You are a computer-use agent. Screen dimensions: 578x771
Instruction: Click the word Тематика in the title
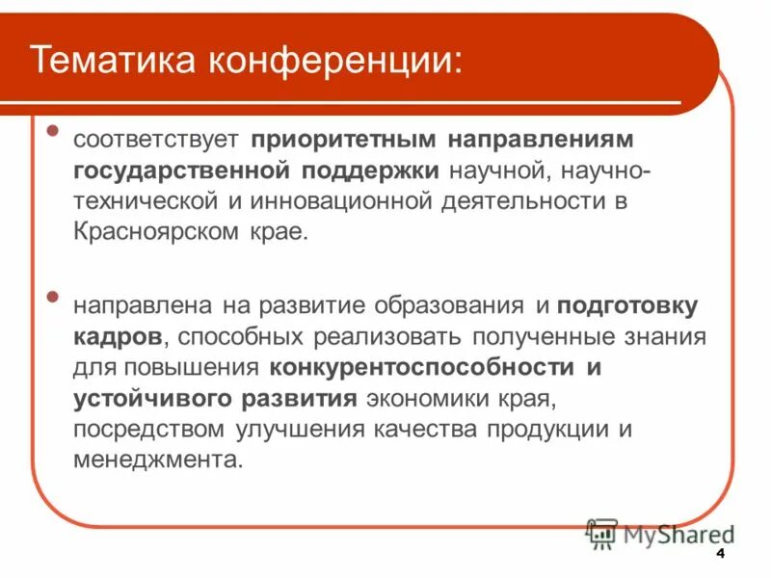point(109,60)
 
